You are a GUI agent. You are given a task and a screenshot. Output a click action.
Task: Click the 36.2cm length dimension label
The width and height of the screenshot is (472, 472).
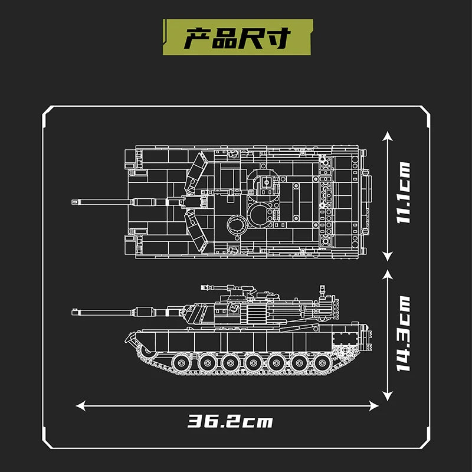pos(230,421)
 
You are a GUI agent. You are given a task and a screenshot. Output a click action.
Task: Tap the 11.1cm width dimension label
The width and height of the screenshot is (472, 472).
pos(403,193)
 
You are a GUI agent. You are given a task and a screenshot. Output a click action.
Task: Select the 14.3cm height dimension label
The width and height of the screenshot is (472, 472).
pos(403,333)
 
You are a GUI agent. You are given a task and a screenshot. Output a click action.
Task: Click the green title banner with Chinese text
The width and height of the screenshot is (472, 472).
pos(238,37)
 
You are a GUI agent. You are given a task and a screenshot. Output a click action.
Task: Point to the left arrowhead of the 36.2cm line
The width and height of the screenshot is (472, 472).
pos(80,406)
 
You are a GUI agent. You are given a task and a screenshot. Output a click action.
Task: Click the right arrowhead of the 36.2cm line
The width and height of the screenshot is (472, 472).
pos(374,406)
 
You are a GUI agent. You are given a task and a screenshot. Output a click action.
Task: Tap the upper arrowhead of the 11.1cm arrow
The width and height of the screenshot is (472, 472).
pos(388,136)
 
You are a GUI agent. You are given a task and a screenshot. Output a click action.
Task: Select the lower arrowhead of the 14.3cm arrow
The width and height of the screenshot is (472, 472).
pos(388,396)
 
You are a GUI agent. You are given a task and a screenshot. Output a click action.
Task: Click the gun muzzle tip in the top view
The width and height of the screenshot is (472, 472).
pos(73,202)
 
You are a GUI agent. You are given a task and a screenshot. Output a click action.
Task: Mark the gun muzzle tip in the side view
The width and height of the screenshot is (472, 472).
pos(73,312)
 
